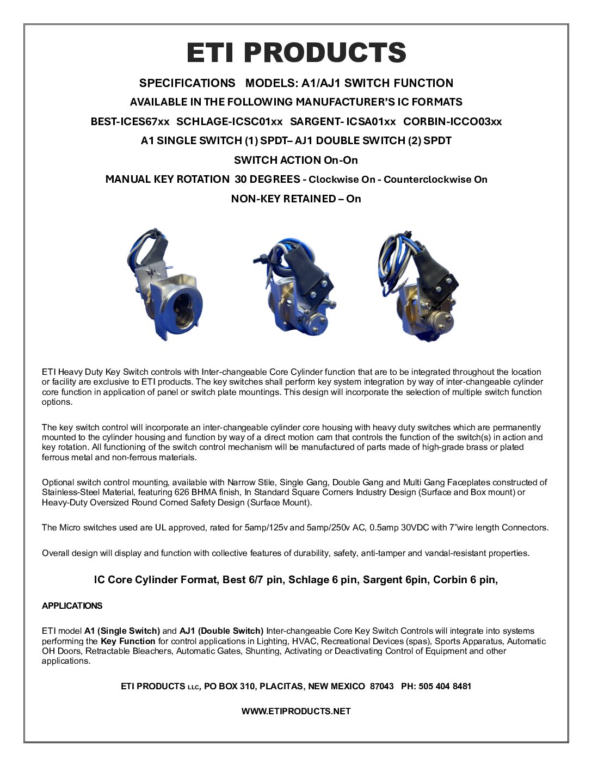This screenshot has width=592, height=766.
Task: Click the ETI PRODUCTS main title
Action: (x=296, y=53)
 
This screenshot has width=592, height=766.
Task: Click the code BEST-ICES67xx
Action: (x=130, y=121)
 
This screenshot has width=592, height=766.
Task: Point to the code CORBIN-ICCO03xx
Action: (x=452, y=121)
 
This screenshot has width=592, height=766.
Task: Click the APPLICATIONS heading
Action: (x=72, y=606)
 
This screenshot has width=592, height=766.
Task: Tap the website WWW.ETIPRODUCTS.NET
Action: (x=296, y=711)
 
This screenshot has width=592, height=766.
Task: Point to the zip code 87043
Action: (x=381, y=686)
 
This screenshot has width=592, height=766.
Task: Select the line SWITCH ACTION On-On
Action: (x=296, y=160)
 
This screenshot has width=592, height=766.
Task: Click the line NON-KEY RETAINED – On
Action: (x=296, y=199)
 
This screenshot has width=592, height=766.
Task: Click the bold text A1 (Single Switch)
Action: (x=122, y=631)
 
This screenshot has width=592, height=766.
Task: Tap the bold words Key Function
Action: (x=128, y=641)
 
